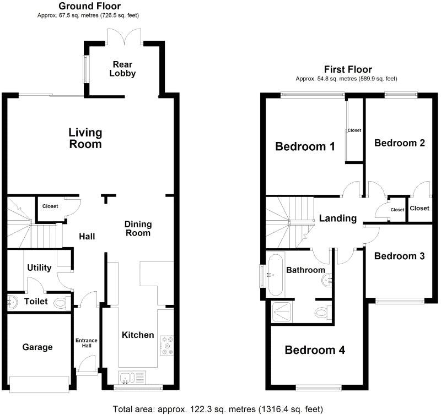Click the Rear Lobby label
pos(122,69)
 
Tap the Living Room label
pos(85,138)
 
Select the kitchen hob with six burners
pos(167,345)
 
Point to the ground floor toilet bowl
pos(60,303)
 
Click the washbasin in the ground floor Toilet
pos(12,302)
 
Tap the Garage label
pos(37,347)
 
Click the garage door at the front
pos(39,384)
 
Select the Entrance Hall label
pos(87,343)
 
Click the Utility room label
pos(39,267)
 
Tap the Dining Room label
pos(138,228)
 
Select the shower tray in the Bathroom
pos(282,312)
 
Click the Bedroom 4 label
pos(315,350)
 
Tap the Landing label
pos(338,218)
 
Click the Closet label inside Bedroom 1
pos(354,130)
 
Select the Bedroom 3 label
pos(399,256)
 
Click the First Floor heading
pos(348,69)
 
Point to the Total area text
pos(218,409)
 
